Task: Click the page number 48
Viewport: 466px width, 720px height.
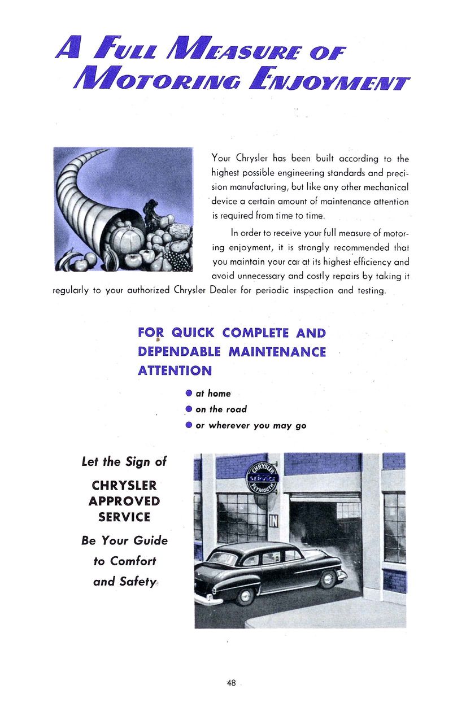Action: point(231,683)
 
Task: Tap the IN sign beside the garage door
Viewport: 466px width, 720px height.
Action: point(273,518)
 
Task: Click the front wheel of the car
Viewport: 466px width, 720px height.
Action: point(327,578)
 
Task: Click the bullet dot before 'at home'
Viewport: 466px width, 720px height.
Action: point(189,393)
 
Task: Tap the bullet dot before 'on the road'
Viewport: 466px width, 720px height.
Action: point(189,409)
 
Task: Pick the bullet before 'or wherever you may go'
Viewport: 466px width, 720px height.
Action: point(189,425)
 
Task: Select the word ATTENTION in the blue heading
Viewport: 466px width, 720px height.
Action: point(175,371)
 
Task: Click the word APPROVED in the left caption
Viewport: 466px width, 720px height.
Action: point(124,501)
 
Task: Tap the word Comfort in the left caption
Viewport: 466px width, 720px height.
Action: point(133,561)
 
